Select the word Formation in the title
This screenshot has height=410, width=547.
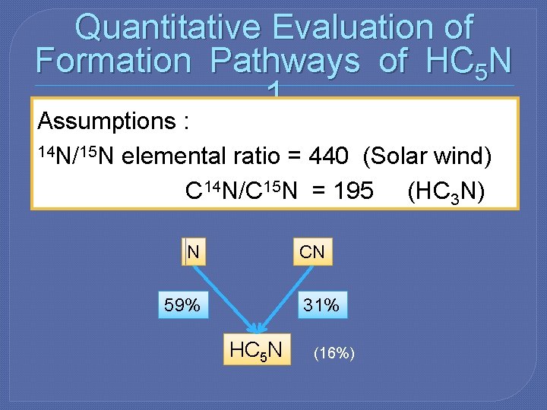coord(114,61)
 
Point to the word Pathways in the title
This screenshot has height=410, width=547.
coord(286,61)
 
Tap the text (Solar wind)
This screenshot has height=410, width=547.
coord(428,156)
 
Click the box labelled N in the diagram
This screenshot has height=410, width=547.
coord(193,251)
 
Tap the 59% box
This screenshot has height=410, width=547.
coord(182,305)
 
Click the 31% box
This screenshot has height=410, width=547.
coord(321,305)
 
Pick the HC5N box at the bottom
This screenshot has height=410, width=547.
coord(256,350)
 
